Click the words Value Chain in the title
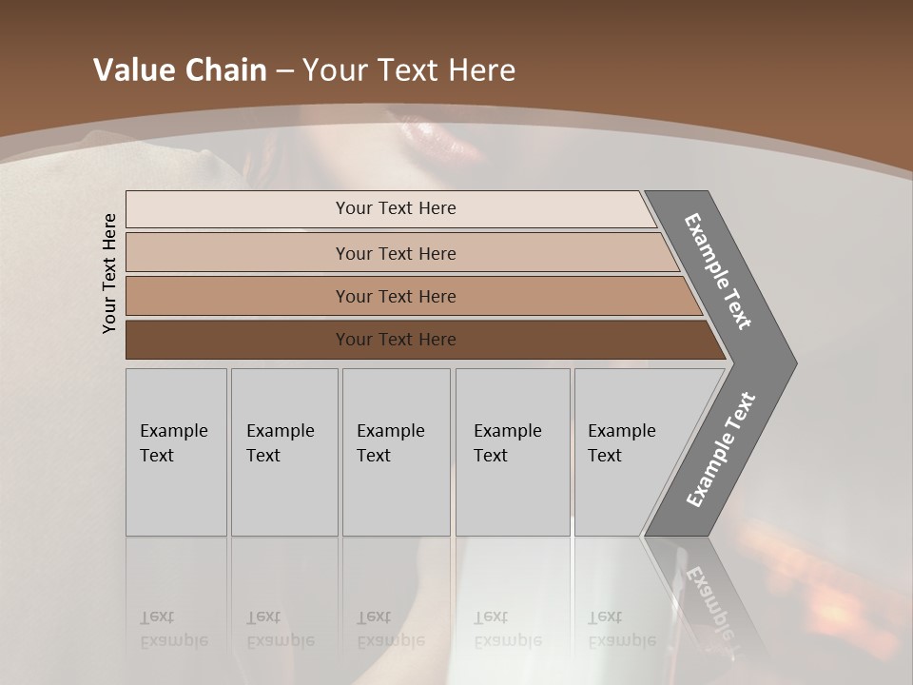pos(180,70)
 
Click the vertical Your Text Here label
pos(109,273)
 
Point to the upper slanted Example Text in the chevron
pos(718,271)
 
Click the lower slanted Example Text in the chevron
pos(720,449)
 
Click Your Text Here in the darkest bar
pos(396,340)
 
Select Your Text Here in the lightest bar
pos(396,208)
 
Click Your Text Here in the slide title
pos(409,70)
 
